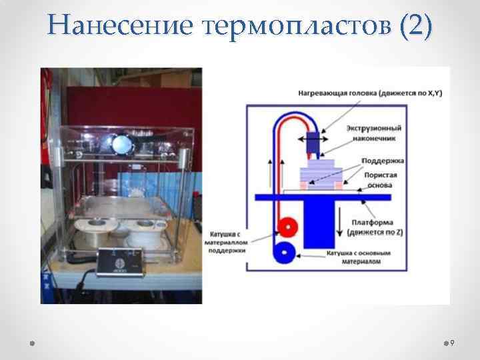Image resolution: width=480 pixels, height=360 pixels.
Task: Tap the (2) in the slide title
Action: pyautogui.click(x=414, y=25)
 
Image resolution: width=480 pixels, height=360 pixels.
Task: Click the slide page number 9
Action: pyautogui.click(x=451, y=343)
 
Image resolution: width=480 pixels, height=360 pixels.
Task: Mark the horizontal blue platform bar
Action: pyautogui.click(x=320, y=195)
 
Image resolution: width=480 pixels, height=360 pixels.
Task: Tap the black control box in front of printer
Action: pyautogui.click(x=121, y=260)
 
